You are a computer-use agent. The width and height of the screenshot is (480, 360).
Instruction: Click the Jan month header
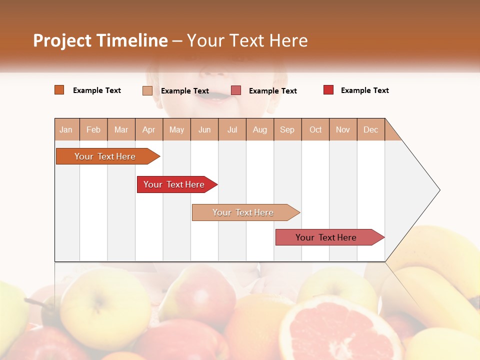66,129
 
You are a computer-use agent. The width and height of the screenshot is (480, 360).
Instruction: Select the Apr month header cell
149,129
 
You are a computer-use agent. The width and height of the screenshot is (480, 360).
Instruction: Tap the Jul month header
232,129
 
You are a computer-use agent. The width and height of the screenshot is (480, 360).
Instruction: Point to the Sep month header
287,129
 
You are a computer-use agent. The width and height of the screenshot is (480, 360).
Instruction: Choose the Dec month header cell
370,129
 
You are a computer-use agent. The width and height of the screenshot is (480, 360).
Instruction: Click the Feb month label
93,129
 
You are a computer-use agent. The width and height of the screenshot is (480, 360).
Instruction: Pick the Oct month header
315,129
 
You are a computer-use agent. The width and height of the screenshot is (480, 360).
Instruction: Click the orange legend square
59,90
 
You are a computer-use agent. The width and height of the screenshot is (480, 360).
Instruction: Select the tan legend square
147,90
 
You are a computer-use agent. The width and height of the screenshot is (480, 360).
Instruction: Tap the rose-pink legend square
236,90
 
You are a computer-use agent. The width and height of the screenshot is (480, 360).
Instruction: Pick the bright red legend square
328,90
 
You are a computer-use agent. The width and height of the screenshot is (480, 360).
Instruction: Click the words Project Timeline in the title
100,40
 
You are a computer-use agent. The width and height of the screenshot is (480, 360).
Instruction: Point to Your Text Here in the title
247,40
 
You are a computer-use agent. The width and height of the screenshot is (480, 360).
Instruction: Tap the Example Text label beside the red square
364,90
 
